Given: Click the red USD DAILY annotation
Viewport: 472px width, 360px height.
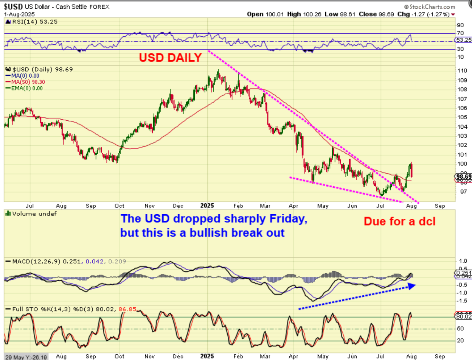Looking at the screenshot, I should click(170, 58).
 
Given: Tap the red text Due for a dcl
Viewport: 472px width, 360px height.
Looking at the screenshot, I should click(399, 221).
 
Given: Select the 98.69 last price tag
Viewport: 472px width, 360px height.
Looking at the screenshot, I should click(463, 176).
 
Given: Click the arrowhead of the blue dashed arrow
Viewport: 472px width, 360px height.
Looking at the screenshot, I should click(411, 285).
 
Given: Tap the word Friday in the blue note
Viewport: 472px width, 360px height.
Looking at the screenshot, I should click(289, 218).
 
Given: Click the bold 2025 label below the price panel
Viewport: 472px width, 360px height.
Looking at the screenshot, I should click(208, 206).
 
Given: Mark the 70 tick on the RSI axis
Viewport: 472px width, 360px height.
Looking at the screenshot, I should click(460, 33).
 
